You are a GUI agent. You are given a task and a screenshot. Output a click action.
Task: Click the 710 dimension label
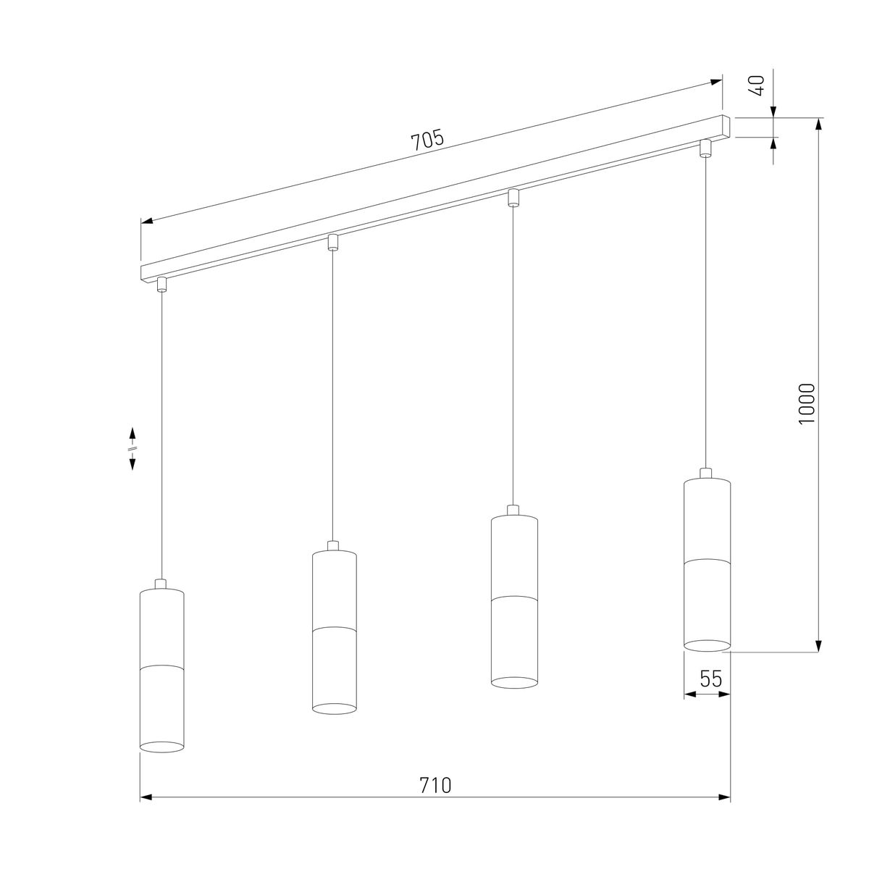coord(435,785)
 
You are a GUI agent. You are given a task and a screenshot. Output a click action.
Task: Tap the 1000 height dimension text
coord(807,403)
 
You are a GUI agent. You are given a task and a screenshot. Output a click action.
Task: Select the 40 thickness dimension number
coord(758,85)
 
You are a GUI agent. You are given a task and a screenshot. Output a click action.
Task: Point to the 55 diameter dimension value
coord(711,679)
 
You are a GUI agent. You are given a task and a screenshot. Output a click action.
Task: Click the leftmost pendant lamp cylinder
coord(162,670)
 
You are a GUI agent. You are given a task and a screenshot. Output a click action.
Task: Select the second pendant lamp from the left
coord(334,631)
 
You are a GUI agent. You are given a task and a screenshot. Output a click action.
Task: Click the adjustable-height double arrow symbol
coord(133,449)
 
